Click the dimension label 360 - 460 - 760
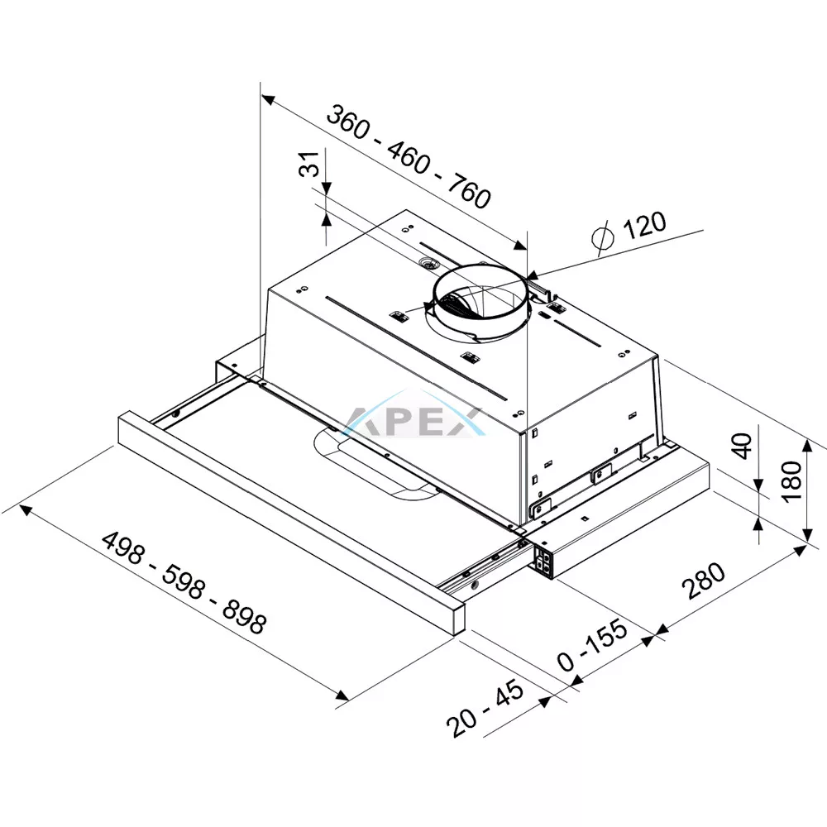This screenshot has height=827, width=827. click(x=409, y=156)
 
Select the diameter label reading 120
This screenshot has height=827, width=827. click(x=644, y=225)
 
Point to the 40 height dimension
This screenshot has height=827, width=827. click(x=743, y=446)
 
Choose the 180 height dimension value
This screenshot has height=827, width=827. click(x=791, y=481)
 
